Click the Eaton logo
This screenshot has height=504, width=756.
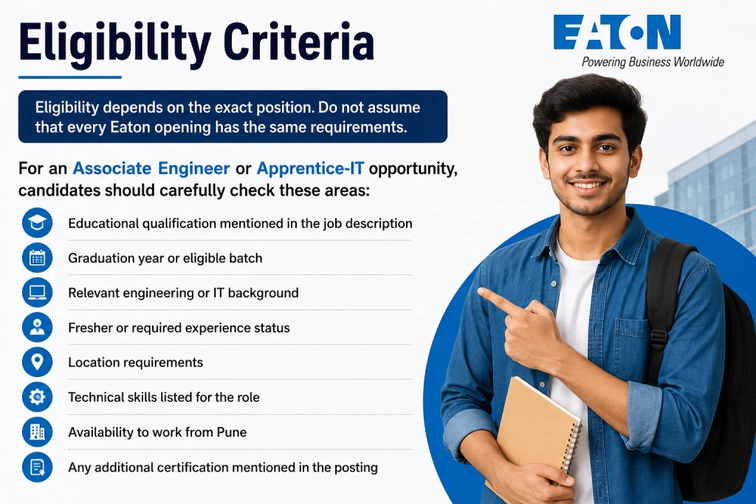point(616,32)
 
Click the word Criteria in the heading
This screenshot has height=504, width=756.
point(298,42)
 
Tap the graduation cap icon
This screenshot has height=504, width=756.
point(37,223)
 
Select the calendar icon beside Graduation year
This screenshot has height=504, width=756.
point(37,258)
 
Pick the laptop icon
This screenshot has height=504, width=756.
point(37,292)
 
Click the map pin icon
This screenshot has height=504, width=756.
point(37,362)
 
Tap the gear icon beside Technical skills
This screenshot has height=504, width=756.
point(37,397)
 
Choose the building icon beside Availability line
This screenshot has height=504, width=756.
point(37,432)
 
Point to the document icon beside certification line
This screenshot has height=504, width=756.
point(37,467)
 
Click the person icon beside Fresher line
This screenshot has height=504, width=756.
point(37,327)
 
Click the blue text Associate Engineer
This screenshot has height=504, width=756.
point(151,168)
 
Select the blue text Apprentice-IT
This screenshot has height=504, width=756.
point(310,168)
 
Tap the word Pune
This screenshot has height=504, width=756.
point(231,432)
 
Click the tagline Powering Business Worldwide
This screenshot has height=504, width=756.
point(653,62)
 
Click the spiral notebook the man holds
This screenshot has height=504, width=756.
point(535,434)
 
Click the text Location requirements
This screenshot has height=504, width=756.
point(136,362)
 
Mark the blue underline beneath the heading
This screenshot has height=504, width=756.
point(70,77)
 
